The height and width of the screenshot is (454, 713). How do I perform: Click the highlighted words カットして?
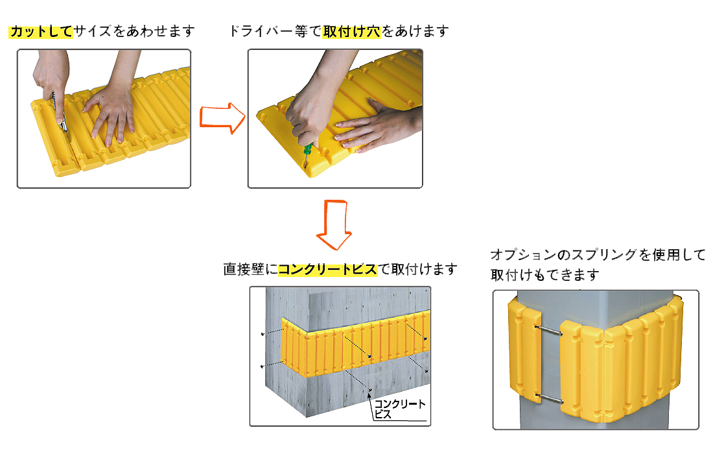[41, 31]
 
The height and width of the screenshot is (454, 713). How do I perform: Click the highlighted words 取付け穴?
[351, 31]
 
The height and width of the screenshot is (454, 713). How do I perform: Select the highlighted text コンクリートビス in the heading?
[327, 269]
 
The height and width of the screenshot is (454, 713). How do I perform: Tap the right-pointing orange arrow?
[222, 118]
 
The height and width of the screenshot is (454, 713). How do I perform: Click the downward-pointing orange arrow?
[334, 224]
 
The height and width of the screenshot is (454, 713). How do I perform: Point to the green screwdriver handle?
[308, 150]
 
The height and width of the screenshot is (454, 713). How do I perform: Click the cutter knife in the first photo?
[60, 113]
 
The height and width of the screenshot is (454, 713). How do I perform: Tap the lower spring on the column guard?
[549, 398]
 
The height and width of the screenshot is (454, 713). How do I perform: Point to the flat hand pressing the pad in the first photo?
[109, 113]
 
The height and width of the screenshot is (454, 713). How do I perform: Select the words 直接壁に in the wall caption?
[251, 269]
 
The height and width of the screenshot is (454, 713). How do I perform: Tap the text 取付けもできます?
[544, 275]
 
